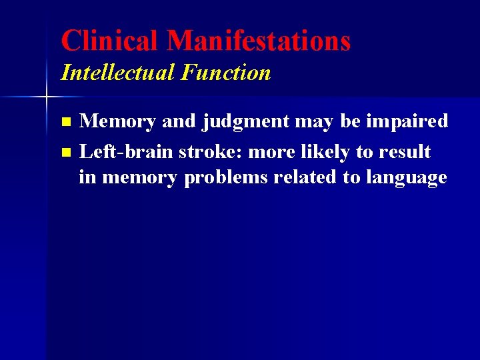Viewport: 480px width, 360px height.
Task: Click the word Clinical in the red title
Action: (x=110, y=41)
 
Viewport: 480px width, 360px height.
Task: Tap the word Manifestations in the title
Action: (x=259, y=41)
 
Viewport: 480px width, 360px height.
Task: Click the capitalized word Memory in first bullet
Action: (x=117, y=121)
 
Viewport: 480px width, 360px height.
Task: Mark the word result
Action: (x=405, y=151)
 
